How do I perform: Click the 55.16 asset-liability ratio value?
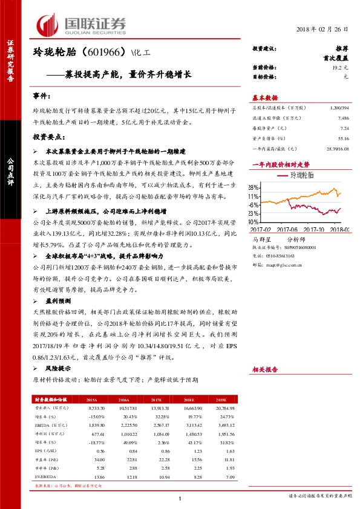tap(343, 138)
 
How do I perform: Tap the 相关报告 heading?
tap(264, 368)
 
